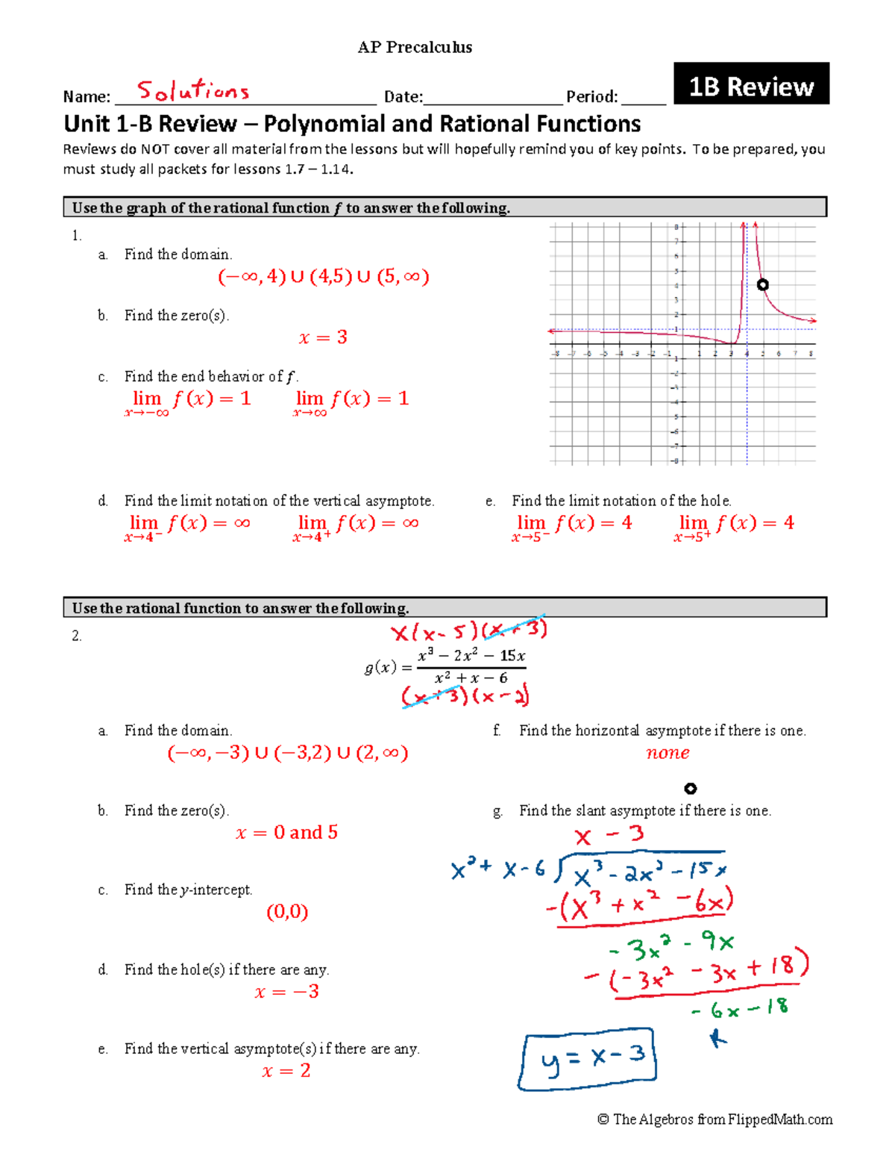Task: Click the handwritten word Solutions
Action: coord(192,91)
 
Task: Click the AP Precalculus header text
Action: coord(415,48)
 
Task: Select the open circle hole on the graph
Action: coord(762,284)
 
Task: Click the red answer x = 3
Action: coord(323,337)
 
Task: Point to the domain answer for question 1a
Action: coord(323,277)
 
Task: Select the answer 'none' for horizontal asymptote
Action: coord(668,753)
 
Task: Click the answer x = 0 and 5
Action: coord(286,833)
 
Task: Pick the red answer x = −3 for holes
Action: coord(286,992)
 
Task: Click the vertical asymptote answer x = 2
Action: coord(286,1071)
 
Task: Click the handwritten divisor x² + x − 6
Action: coord(497,869)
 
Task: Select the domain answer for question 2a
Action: coord(287,753)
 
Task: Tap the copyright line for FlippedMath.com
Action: coord(715,1119)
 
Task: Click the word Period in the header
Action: coord(591,97)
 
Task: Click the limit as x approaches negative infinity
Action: coord(187,402)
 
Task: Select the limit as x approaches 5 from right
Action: coord(734,526)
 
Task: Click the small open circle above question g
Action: coord(691,789)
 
